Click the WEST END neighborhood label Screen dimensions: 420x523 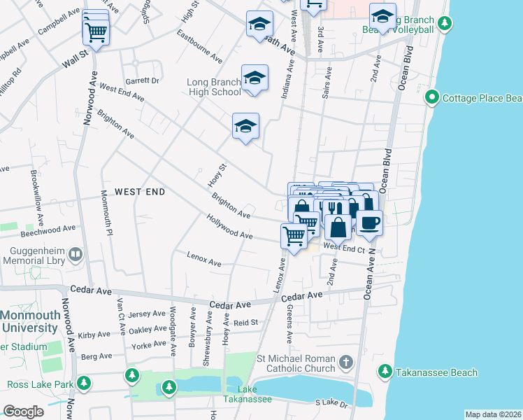[x=139, y=191]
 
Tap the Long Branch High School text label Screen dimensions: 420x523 [x=214, y=87]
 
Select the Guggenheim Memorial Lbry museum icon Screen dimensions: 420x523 [x=76, y=253]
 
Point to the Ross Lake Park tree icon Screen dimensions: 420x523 [x=84, y=384]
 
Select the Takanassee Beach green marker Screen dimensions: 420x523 [x=384, y=372]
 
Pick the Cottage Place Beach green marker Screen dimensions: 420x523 [x=432, y=98]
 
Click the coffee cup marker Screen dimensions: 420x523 [x=370, y=223]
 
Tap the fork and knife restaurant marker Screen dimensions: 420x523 [x=334, y=208]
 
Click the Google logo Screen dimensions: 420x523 [x=23, y=412]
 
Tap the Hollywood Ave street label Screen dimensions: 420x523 [x=229, y=227]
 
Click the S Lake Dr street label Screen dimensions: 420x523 [x=331, y=402]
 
